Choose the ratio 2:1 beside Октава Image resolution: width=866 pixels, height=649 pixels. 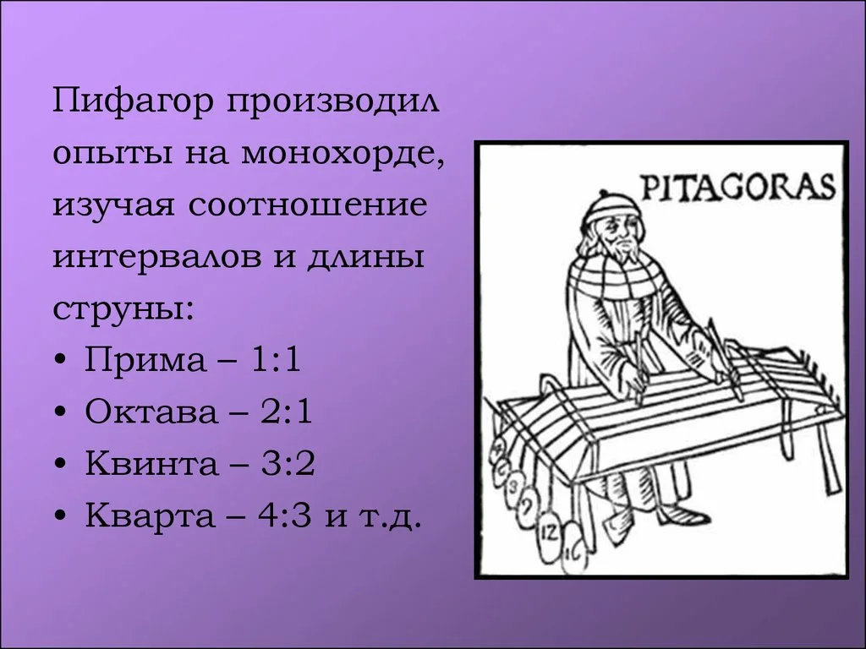tap(287, 412)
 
